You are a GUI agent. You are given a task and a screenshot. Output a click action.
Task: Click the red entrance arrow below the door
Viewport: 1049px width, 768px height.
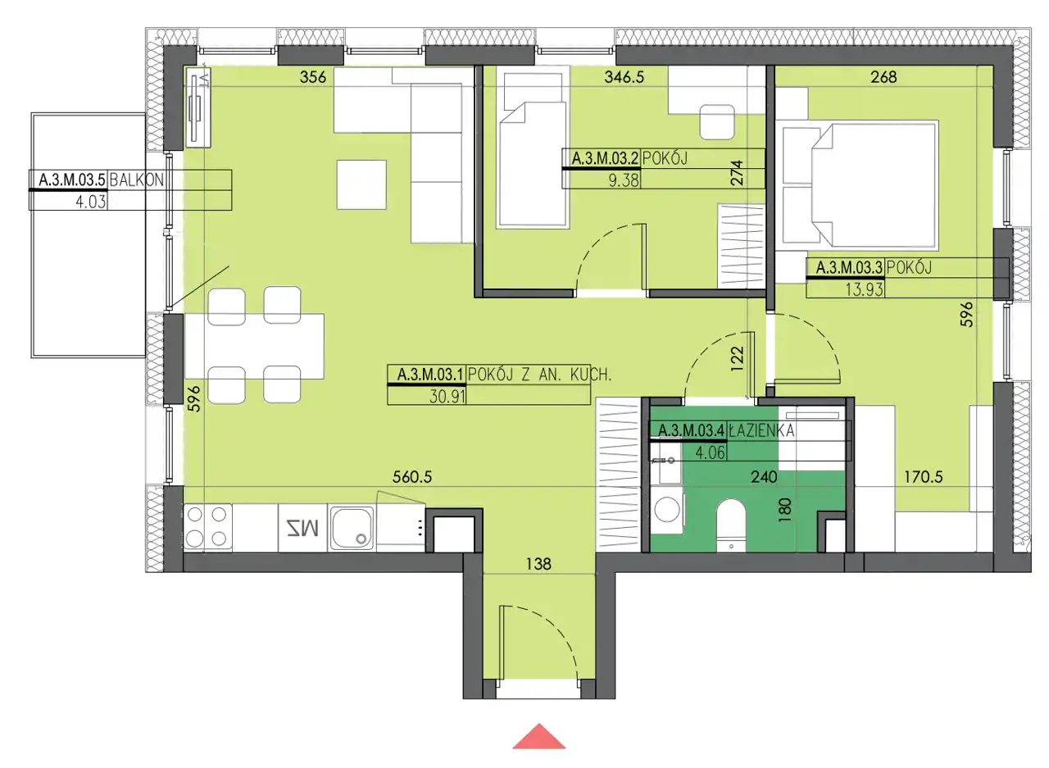539,737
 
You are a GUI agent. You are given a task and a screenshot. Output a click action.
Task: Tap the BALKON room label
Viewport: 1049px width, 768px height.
136,180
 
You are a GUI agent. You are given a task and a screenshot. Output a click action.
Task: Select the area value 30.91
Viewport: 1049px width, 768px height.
447,397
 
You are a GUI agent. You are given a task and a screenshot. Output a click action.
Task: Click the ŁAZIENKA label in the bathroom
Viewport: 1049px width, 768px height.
761,430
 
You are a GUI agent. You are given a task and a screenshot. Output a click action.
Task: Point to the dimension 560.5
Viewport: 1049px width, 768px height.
412,477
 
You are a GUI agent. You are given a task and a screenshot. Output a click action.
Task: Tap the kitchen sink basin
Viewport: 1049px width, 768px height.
352,528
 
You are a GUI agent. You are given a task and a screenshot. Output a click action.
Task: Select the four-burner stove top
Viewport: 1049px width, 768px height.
207,527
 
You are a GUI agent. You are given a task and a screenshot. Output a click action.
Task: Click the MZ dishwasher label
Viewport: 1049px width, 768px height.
302,528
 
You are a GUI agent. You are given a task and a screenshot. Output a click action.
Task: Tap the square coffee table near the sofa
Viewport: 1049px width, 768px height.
361,184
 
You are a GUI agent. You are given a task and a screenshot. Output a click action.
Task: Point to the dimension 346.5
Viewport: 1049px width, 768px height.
624,77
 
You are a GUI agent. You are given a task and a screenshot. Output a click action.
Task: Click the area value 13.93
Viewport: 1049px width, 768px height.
864,289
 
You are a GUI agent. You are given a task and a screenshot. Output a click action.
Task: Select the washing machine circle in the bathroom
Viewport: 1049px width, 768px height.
667,509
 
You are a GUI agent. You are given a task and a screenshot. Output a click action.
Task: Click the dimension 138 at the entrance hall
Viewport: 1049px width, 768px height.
538,564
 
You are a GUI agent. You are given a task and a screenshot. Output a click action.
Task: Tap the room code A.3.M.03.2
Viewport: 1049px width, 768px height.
605,158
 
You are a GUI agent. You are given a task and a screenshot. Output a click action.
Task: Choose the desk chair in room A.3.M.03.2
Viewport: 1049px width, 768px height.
716,122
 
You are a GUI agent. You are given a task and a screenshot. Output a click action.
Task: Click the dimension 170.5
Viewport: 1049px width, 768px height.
923,477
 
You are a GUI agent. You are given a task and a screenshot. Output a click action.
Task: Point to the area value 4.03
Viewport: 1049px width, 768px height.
91,202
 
